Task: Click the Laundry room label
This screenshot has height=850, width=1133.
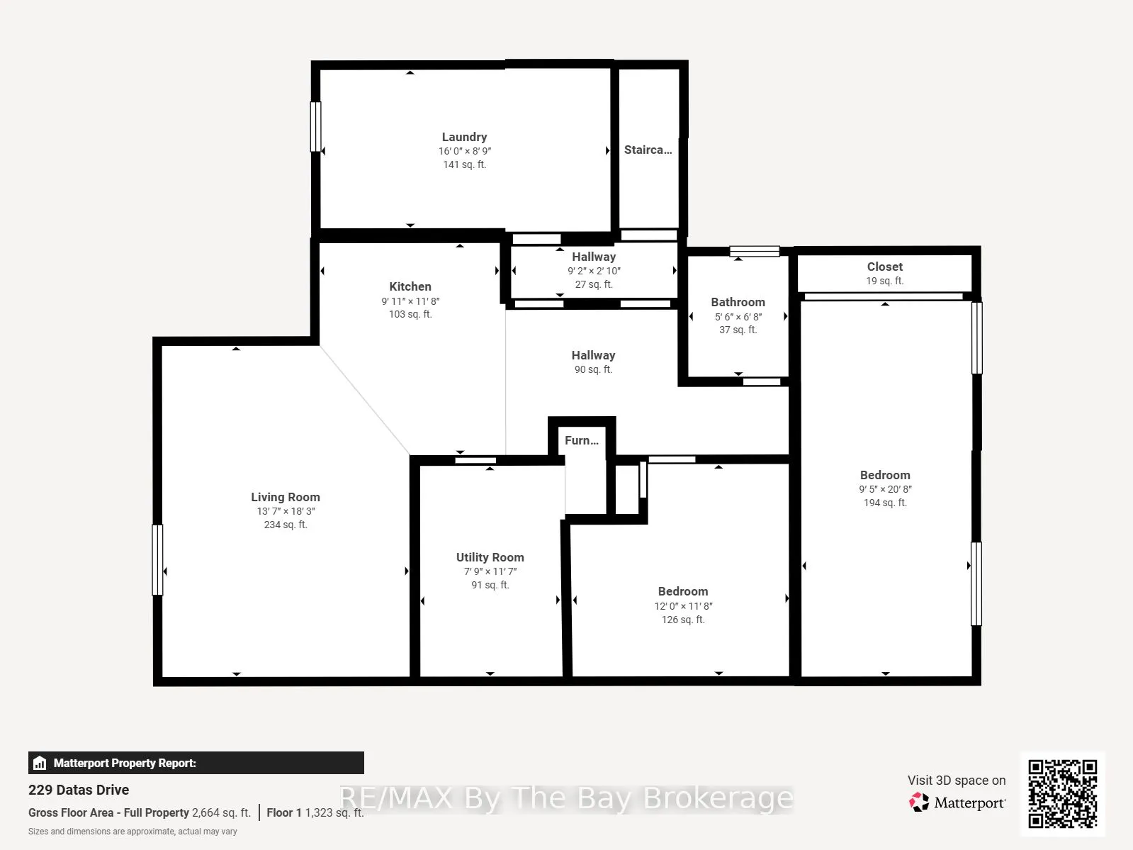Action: pyautogui.click(x=464, y=137)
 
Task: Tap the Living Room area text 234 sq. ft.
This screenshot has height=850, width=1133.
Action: pyautogui.click(x=286, y=525)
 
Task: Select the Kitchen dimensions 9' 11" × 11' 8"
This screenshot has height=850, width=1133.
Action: pyautogui.click(x=410, y=301)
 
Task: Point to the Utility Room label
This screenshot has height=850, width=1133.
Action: pyautogui.click(x=490, y=557)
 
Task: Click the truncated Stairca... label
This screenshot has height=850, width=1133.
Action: pyautogui.click(x=648, y=150)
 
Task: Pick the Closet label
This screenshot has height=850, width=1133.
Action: pyautogui.click(x=885, y=267)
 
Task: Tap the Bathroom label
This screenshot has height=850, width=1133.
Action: pyautogui.click(x=738, y=302)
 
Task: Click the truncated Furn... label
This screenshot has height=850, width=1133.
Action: pyautogui.click(x=581, y=440)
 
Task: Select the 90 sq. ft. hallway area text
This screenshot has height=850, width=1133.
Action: pyautogui.click(x=593, y=369)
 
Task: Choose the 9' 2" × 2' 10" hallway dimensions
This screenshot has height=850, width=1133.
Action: pyautogui.click(x=594, y=271)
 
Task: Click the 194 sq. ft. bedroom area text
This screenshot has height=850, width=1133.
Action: pyautogui.click(x=885, y=503)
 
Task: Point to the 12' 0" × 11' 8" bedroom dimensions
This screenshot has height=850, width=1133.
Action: pyautogui.click(x=683, y=605)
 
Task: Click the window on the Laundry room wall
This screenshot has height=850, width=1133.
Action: pyautogui.click(x=315, y=127)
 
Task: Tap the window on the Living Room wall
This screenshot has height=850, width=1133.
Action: pyautogui.click(x=157, y=560)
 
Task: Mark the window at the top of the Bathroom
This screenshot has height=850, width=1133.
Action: pyautogui.click(x=754, y=251)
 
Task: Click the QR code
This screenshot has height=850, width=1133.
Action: pyautogui.click(x=1062, y=794)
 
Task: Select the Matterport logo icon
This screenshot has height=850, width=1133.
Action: pyautogui.click(x=919, y=802)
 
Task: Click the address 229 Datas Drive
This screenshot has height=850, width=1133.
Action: pyautogui.click(x=79, y=790)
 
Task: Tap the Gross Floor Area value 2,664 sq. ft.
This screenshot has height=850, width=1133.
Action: pyautogui.click(x=221, y=812)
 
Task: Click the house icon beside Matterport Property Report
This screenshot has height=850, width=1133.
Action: pyautogui.click(x=39, y=763)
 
